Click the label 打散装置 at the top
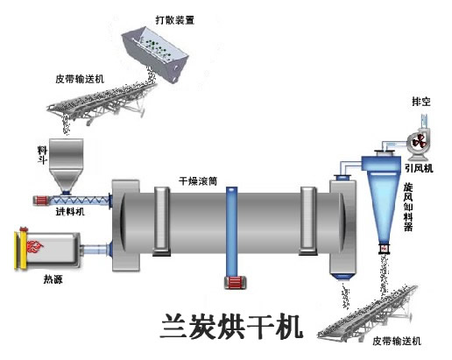(x=175, y=20)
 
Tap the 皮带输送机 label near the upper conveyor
(x=80, y=79)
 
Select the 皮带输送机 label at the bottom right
(x=397, y=341)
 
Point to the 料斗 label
(x=42, y=155)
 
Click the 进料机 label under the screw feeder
(x=70, y=211)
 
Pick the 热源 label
(x=53, y=279)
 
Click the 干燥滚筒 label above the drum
(x=198, y=181)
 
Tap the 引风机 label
(x=419, y=168)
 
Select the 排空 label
(x=421, y=102)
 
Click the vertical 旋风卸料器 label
(x=408, y=207)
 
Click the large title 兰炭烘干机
(x=231, y=326)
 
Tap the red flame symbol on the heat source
(x=35, y=247)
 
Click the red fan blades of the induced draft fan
(x=419, y=142)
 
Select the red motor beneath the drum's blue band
(x=235, y=282)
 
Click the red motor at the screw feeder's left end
(x=40, y=201)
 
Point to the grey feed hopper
(x=66, y=165)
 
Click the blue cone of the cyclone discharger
(x=384, y=208)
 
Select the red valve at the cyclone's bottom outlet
(x=384, y=248)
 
